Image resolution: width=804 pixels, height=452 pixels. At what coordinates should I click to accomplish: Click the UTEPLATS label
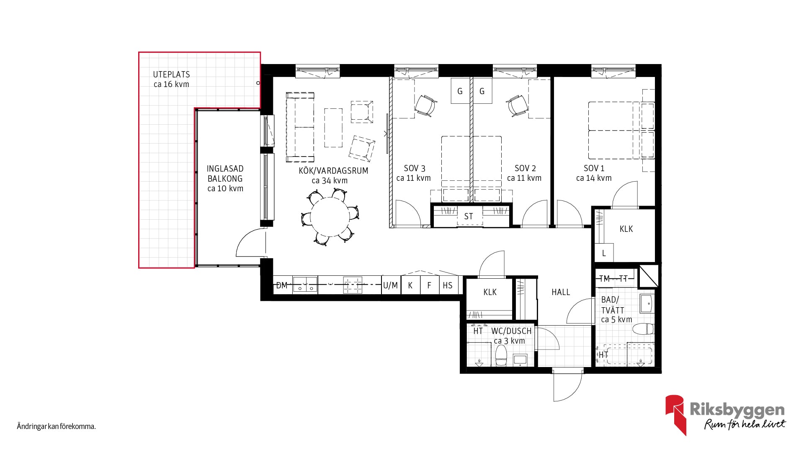point(171,74)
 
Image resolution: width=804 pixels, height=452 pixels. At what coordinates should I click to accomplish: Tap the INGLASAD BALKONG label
point(225,174)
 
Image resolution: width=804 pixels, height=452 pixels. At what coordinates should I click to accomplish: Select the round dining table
point(330,217)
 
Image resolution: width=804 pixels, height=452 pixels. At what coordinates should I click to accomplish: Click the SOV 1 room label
point(594,168)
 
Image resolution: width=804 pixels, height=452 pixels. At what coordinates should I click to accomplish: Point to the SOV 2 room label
point(525,168)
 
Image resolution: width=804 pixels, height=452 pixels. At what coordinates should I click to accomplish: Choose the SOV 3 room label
point(415,168)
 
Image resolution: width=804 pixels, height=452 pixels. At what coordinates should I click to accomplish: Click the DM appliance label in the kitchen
point(282,285)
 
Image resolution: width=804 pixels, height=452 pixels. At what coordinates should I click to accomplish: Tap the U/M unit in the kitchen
point(391,285)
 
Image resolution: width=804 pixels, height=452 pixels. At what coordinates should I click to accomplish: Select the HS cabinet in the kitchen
point(448,285)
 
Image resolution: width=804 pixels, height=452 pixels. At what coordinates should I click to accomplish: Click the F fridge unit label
point(429,285)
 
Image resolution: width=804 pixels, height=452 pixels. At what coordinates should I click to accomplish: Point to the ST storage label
point(469,216)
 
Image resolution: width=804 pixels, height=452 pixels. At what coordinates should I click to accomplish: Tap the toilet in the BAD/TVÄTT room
point(643,329)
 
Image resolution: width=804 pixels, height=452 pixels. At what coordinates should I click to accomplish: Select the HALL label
point(561,292)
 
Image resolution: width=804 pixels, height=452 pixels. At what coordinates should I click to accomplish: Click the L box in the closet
point(604,253)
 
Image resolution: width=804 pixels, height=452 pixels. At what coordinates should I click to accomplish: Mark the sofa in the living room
point(300,127)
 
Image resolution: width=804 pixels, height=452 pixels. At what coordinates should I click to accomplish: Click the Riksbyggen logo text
point(737,410)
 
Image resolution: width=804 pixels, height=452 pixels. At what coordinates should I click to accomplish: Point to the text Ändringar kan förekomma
point(57,427)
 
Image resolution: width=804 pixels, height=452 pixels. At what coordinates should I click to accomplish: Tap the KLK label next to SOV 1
point(626,229)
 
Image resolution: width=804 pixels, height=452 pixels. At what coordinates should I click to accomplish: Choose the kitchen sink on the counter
point(305,285)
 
